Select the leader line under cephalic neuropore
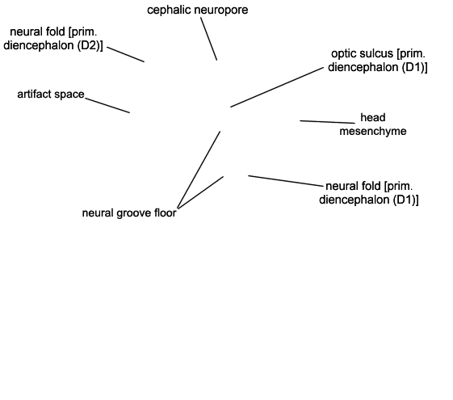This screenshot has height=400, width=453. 209,39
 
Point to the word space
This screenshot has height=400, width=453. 67,95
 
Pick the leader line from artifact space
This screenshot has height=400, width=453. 107,105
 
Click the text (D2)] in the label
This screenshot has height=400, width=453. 90,46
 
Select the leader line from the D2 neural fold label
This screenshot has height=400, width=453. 126,54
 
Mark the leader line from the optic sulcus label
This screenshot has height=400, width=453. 277,87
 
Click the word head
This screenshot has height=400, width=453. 373,118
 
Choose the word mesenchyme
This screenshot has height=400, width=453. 373,131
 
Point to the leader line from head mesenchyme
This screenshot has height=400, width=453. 327,122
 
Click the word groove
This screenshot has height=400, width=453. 134,213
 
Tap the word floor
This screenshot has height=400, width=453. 166,213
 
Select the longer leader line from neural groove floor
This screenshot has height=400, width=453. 199,170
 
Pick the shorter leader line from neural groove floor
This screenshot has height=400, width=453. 200,192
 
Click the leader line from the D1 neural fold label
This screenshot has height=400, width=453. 286,181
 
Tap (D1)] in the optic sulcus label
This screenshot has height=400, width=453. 415,67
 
